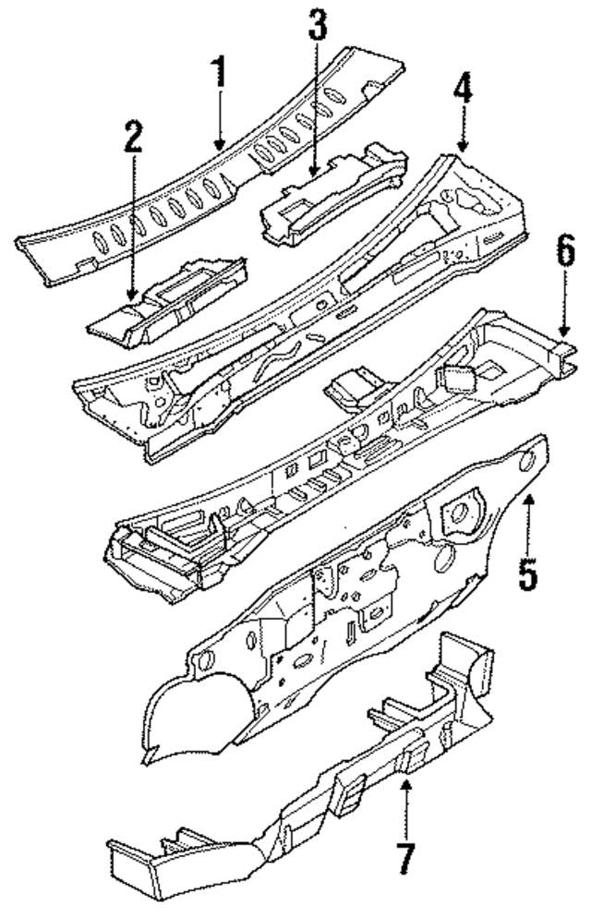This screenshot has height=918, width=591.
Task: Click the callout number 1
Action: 219,72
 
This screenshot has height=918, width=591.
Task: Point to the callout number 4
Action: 462,92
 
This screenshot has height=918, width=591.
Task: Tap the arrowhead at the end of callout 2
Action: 133,297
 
